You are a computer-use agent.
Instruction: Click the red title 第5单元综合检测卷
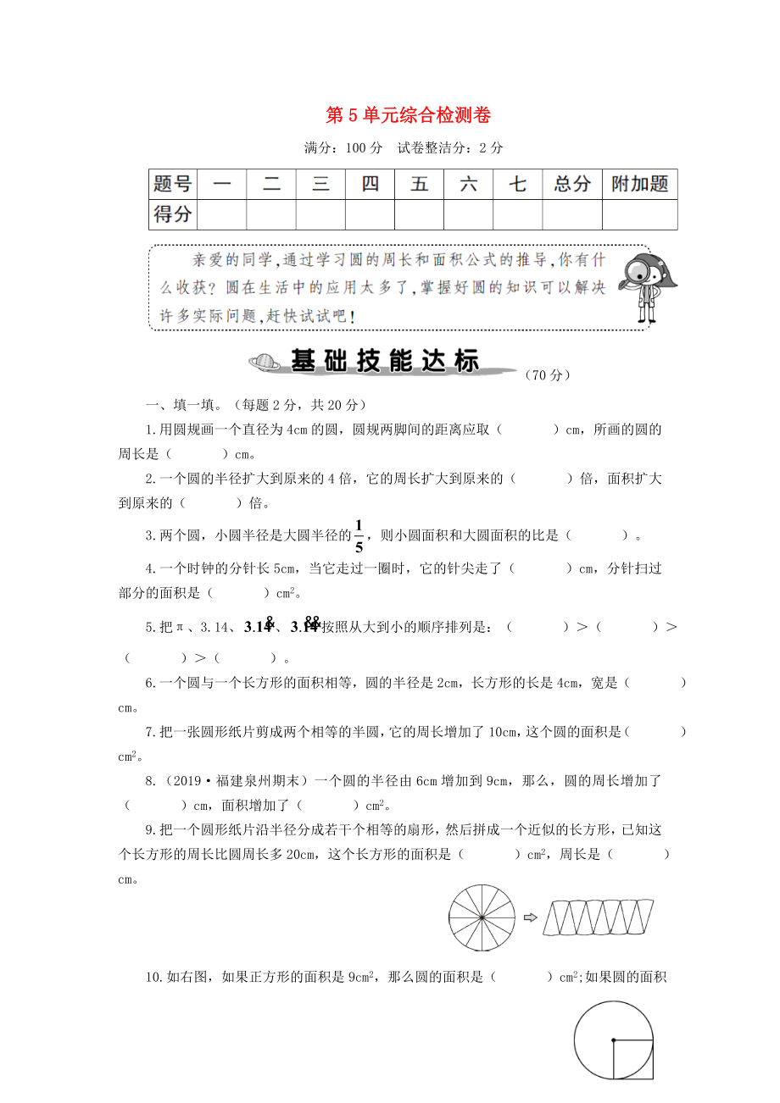[x=409, y=115]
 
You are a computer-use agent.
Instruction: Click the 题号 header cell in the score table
[x=172, y=184]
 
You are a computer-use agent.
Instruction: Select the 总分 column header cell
[x=571, y=184]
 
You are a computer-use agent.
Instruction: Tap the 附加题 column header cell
[x=639, y=184]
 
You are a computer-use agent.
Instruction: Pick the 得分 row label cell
[x=172, y=214]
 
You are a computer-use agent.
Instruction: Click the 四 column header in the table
[x=370, y=184]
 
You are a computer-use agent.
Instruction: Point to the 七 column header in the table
[x=517, y=184]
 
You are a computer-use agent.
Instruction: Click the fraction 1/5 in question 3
[x=359, y=535]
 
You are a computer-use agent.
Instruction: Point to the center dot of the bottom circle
[x=613, y=1040]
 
